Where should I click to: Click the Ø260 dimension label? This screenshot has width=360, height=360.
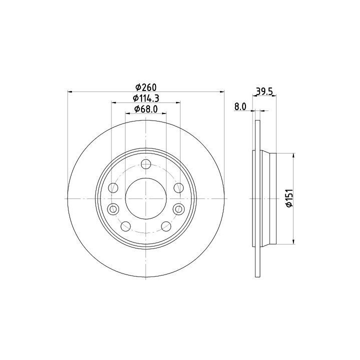point(146,87)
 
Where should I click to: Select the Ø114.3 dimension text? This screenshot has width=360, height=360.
point(146,98)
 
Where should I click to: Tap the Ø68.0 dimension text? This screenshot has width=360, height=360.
point(146,109)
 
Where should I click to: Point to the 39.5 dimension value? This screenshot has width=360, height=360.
point(264,91)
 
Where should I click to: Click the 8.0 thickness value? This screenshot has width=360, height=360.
point(240,107)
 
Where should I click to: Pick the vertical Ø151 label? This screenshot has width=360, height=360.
point(289,198)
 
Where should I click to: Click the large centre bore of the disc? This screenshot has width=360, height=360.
point(146,198)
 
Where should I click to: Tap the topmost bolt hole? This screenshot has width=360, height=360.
point(146,164)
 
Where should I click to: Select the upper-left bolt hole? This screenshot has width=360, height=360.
point(113,188)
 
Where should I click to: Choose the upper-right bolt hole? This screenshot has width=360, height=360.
point(178,188)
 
